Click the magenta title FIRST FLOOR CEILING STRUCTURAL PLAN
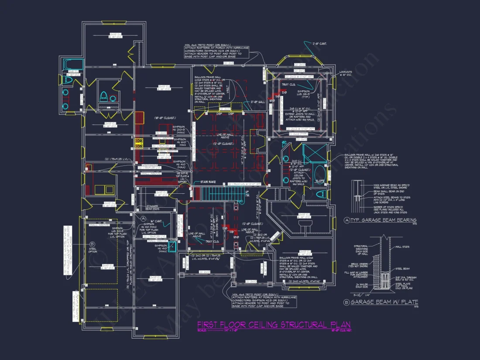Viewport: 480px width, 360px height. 274,325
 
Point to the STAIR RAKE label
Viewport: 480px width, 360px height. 209,182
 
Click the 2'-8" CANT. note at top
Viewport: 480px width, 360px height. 319,44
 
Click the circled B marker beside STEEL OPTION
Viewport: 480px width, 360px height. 92,244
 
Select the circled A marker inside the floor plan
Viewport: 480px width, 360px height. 143,218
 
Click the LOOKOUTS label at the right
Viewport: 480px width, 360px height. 345,73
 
